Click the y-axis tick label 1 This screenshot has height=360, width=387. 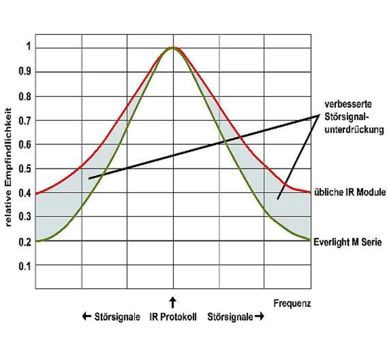tap(29, 47)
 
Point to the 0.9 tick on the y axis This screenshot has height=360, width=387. tap(25, 72)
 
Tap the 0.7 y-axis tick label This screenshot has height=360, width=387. tap(25, 121)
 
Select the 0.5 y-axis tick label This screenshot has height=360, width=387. tap(25, 169)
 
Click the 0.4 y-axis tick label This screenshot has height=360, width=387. tap(25, 193)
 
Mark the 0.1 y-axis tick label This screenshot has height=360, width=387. tap(25, 266)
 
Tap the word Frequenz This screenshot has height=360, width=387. tap(292, 303)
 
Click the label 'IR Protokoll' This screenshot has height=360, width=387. tap(173, 317)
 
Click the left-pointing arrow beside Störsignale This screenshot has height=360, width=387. tap(87, 316)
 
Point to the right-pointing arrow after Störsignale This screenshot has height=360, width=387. tap(259, 316)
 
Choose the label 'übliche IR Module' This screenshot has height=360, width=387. tap(350, 192)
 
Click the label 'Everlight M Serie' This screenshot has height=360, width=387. tap(348, 242)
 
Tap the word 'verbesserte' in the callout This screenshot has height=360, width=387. tap(348, 104)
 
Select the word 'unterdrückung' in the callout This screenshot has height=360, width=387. tap(354, 130)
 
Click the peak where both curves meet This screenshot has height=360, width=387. tap(173, 47)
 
